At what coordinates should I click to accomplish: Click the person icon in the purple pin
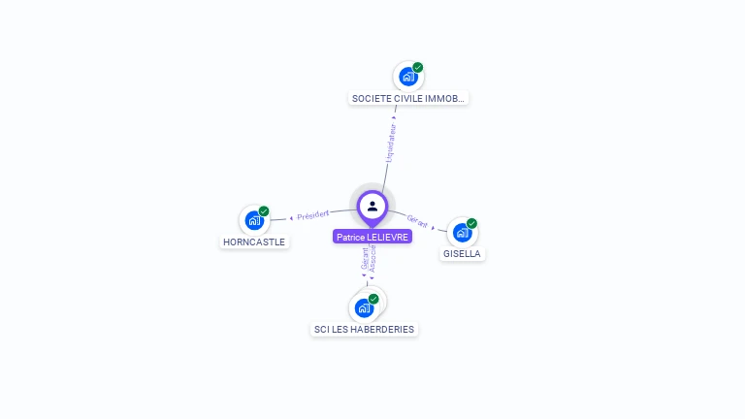coord(372,206)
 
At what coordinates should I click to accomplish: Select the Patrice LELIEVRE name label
coord(372,237)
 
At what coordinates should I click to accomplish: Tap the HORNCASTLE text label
coord(254,242)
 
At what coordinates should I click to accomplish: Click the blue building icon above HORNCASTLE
coord(253,221)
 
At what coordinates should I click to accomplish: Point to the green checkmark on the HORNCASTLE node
coord(264,211)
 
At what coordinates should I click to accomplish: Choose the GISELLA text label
coord(463,253)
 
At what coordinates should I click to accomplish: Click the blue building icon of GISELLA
coord(462,233)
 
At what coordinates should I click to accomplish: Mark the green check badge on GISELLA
coord(472,223)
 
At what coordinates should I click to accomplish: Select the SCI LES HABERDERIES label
coord(364,329)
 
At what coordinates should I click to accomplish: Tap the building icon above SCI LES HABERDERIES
coord(364,308)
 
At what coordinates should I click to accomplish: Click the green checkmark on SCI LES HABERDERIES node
coord(373,299)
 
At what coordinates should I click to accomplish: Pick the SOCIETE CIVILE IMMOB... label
coord(408,98)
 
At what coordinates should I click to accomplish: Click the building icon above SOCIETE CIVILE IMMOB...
coord(407,77)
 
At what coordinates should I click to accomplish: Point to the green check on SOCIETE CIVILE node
coord(418,67)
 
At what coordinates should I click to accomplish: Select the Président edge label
coord(313,214)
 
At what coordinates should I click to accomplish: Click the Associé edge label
coord(373,258)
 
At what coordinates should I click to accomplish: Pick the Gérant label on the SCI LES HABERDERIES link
coord(365,258)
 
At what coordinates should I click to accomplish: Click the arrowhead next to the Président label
coord(291,217)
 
